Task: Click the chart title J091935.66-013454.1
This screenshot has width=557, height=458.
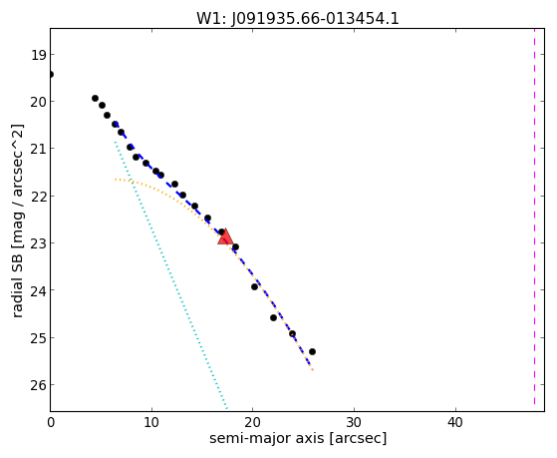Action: pyautogui.click(x=315, y=19)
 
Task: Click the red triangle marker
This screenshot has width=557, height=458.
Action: pyautogui.click(x=225, y=236)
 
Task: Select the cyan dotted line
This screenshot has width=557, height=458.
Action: pyautogui.click(x=170, y=275)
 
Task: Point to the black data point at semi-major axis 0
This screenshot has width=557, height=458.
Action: pyautogui.click(x=51, y=75)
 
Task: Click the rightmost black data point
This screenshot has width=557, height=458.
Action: pyautogui.click(x=312, y=351)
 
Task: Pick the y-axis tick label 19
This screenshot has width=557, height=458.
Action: pyautogui.click(x=39, y=55)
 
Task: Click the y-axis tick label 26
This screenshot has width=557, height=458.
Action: pyautogui.click(x=39, y=385)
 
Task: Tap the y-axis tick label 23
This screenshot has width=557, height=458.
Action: pyautogui.click(x=39, y=243)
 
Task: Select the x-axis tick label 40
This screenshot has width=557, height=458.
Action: pyautogui.click(x=455, y=422)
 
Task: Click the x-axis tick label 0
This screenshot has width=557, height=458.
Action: pyautogui.click(x=51, y=422)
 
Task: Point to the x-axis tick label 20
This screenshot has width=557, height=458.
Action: pyautogui.click(x=252, y=422)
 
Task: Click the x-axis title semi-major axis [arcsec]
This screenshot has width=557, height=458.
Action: pyautogui.click(x=298, y=438)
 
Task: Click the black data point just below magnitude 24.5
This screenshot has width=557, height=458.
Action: pyautogui.click(x=274, y=317)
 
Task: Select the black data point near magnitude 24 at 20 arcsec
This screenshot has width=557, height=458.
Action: pyautogui.click(x=254, y=286)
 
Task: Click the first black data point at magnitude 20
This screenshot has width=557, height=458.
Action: pyautogui.click(x=96, y=98)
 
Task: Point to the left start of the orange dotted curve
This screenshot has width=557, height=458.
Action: pyautogui.click(x=116, y=180)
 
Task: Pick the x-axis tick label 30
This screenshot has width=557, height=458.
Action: pyautogui.click(x=354, y=422)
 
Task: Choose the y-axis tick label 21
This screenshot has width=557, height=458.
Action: pyautogui.click(x=39, y=149)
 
